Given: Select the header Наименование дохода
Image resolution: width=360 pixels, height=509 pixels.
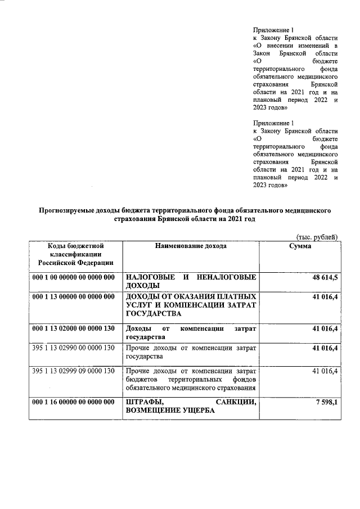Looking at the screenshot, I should point(191,246).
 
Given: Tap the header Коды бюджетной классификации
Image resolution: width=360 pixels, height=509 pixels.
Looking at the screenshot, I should point(75,254).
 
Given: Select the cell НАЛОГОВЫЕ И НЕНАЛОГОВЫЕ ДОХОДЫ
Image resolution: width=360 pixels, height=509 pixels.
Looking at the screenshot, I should point(191,282).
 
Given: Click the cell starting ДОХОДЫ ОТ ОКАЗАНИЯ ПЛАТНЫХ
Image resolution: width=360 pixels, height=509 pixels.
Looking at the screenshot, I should point(191,304).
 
